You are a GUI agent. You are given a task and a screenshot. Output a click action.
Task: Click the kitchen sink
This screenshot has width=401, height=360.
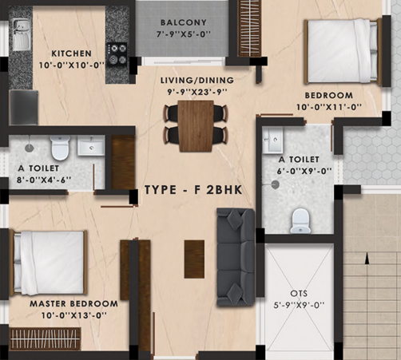(22, 34)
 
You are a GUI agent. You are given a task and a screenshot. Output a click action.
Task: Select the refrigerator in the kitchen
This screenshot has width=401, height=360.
(24, 108)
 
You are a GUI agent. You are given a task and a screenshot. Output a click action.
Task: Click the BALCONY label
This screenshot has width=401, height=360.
(184, 22)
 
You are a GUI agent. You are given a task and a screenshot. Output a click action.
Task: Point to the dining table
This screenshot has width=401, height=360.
(196, 126)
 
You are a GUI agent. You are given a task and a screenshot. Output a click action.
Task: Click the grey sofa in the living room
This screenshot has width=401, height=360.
(236, 257)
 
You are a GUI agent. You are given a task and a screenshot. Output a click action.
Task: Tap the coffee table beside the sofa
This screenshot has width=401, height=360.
(194, 259)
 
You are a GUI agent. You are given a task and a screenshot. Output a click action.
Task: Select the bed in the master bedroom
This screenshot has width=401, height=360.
(49, 263)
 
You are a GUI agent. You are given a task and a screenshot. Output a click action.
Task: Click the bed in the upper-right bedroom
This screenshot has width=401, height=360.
(343, 51)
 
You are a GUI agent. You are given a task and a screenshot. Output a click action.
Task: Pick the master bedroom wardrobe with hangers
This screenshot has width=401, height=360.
(45, 338)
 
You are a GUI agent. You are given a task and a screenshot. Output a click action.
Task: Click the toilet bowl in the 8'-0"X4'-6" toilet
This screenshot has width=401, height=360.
(60, 148)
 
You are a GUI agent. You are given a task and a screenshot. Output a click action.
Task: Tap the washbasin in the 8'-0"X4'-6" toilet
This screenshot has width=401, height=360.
(91, 145)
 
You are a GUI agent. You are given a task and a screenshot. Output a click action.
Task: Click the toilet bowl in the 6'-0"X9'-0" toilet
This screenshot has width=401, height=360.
(300, 221)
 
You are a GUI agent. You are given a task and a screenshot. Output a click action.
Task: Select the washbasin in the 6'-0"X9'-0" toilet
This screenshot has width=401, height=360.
(272, 140)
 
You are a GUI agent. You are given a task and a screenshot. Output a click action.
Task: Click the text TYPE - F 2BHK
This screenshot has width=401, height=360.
(193, 190)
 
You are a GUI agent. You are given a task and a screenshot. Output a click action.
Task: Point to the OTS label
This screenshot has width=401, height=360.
(299, 294)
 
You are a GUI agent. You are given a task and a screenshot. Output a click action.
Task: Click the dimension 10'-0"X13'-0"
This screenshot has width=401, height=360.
(74, 315)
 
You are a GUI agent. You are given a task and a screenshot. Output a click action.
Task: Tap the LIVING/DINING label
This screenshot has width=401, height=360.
(197, 80)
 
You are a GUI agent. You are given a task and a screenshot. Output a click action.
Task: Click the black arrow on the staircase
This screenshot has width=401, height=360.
(367, 259)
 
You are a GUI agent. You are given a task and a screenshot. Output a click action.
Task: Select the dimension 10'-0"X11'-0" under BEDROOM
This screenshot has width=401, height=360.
(329, 107)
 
